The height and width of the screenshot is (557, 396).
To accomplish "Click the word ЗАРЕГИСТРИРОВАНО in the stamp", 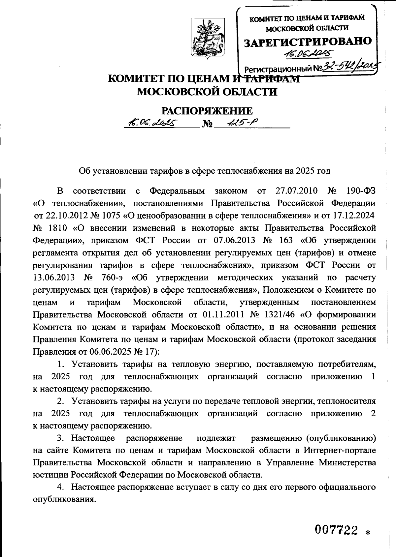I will (x=307, y=42).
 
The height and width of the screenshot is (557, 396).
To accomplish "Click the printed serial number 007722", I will (x=336, y=530).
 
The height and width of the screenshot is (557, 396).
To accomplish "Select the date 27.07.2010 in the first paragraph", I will (x=295, y=191).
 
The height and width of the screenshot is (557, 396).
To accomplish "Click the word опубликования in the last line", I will (x=64, y=499).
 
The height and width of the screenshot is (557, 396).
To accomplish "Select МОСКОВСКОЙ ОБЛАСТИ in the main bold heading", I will (x=207, y=92).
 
